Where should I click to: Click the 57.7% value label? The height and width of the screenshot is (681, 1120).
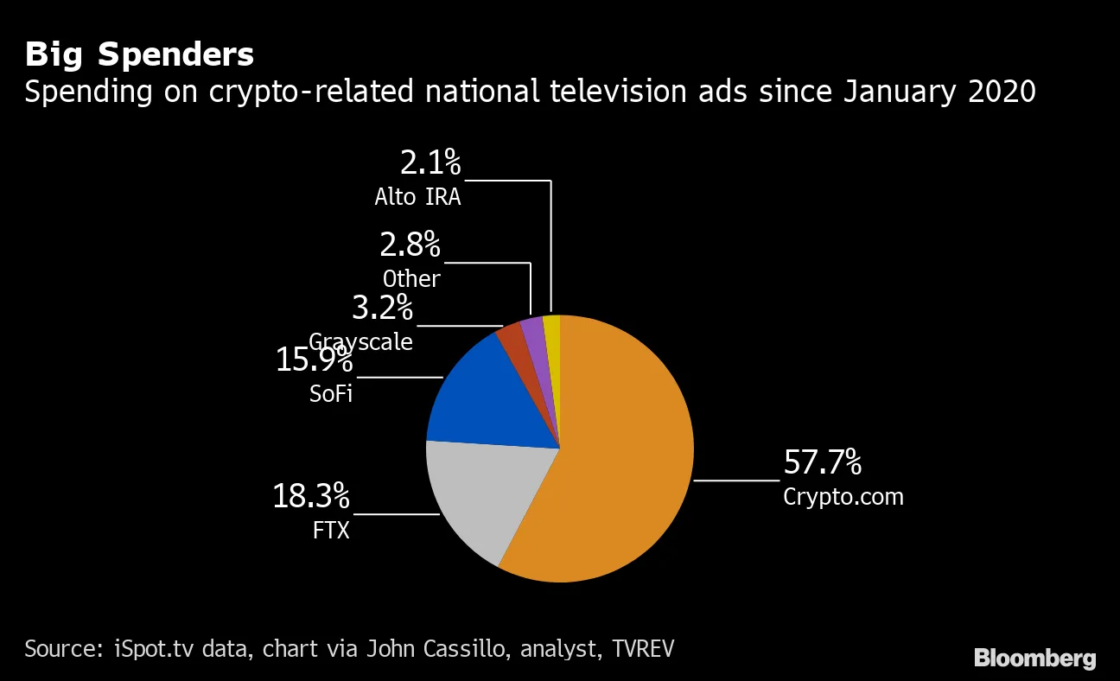[x=822, y=463]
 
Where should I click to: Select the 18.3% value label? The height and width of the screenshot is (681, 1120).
[x=311, y=497]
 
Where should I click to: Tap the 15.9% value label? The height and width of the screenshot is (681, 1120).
[x=314, y=360]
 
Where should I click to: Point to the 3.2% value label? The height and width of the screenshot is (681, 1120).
[x=382, y=308]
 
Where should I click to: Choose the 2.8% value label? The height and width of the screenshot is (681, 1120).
[x=410, y=245]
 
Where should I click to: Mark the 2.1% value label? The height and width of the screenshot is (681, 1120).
[x=430, y=163]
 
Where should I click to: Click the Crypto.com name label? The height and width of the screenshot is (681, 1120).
[x=843, y=498]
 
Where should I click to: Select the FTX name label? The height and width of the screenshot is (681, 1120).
[x=331, y=530]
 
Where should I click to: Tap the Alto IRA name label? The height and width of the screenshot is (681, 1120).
[x=417, y=197]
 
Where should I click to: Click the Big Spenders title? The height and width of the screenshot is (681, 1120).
[x=139, y=54]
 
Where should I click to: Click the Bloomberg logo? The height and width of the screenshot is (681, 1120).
[x=1034, y=659]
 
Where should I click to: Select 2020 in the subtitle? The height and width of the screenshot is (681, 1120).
[x=1002, y=92]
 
